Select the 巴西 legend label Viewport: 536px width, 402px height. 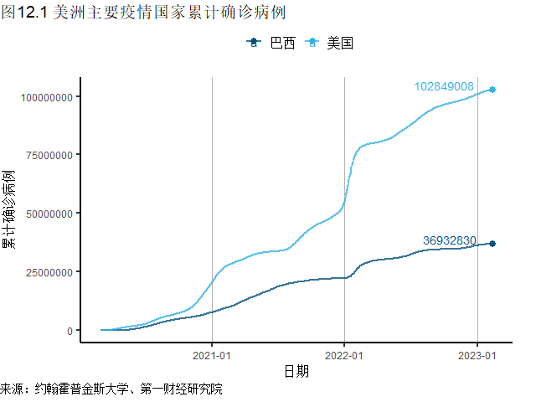pos(283,43)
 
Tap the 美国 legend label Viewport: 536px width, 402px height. pos(340,43)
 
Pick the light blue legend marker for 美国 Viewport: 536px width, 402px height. pos(312,43)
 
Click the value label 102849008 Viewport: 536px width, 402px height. pos(444,86)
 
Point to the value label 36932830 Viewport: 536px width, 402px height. pos(450,240)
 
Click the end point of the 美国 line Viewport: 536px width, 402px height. pos(492,90)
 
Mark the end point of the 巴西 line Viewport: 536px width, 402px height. pos(492,244)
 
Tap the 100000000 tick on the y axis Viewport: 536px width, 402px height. pos(45,97)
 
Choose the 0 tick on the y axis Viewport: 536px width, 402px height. pos(70,331)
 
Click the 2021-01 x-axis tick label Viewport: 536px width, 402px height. pos(212,354)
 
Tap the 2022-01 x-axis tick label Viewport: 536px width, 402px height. pos(344,354)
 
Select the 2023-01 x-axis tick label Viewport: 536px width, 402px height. pos(477,354)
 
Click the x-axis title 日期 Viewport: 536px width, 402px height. pos(296,371)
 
